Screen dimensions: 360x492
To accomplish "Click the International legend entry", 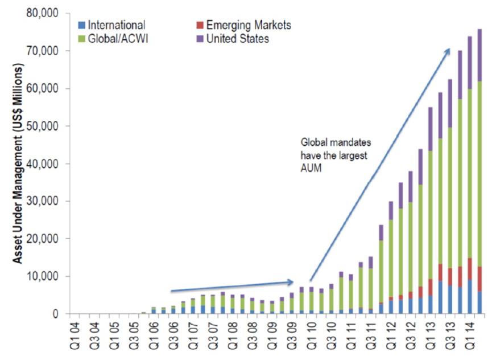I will [117, 25].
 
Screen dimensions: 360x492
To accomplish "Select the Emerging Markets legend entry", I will [248, 25].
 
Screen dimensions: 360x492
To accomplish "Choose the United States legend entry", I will [238, 39].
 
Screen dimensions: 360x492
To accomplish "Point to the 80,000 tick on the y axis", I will [44, 13].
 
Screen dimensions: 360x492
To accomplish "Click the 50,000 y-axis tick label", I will [44, 126].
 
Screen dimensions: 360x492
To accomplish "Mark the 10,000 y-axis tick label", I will [44, 276].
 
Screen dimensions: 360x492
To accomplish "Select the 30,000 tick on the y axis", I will [44, 201].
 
